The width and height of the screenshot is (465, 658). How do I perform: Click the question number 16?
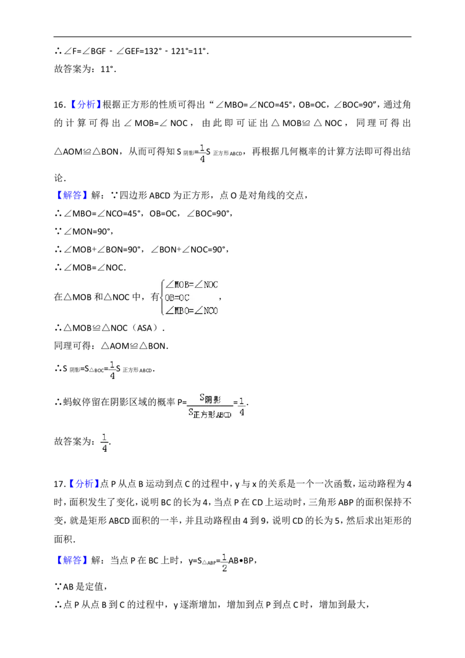[x=59, y=105]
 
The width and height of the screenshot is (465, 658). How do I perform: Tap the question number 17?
[x=59, y=484]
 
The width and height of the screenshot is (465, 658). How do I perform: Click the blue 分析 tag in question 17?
[x=84, y=484]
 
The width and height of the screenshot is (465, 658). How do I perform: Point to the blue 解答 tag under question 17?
[x=72, y=560]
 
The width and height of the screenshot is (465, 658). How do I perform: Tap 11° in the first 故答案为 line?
[x=107, y=69]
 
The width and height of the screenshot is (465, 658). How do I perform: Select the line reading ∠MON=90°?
[x=84, y=231]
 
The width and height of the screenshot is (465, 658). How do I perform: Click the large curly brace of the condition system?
[x=163, y=298]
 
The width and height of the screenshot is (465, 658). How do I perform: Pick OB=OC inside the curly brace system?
[x=177, y=298]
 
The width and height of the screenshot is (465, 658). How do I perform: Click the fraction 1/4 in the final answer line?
[x=105, y=442]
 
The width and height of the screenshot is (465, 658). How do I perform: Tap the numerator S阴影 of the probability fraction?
[x=210, y=398]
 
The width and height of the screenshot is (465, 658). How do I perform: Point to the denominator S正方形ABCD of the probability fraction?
[x=210, y=413]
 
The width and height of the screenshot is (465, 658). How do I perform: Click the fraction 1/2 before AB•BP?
[x=224, y=562]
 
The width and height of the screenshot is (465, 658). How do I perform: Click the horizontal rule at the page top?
[x=233, y=37]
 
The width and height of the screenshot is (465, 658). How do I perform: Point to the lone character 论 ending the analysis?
[x=59, y=178]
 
